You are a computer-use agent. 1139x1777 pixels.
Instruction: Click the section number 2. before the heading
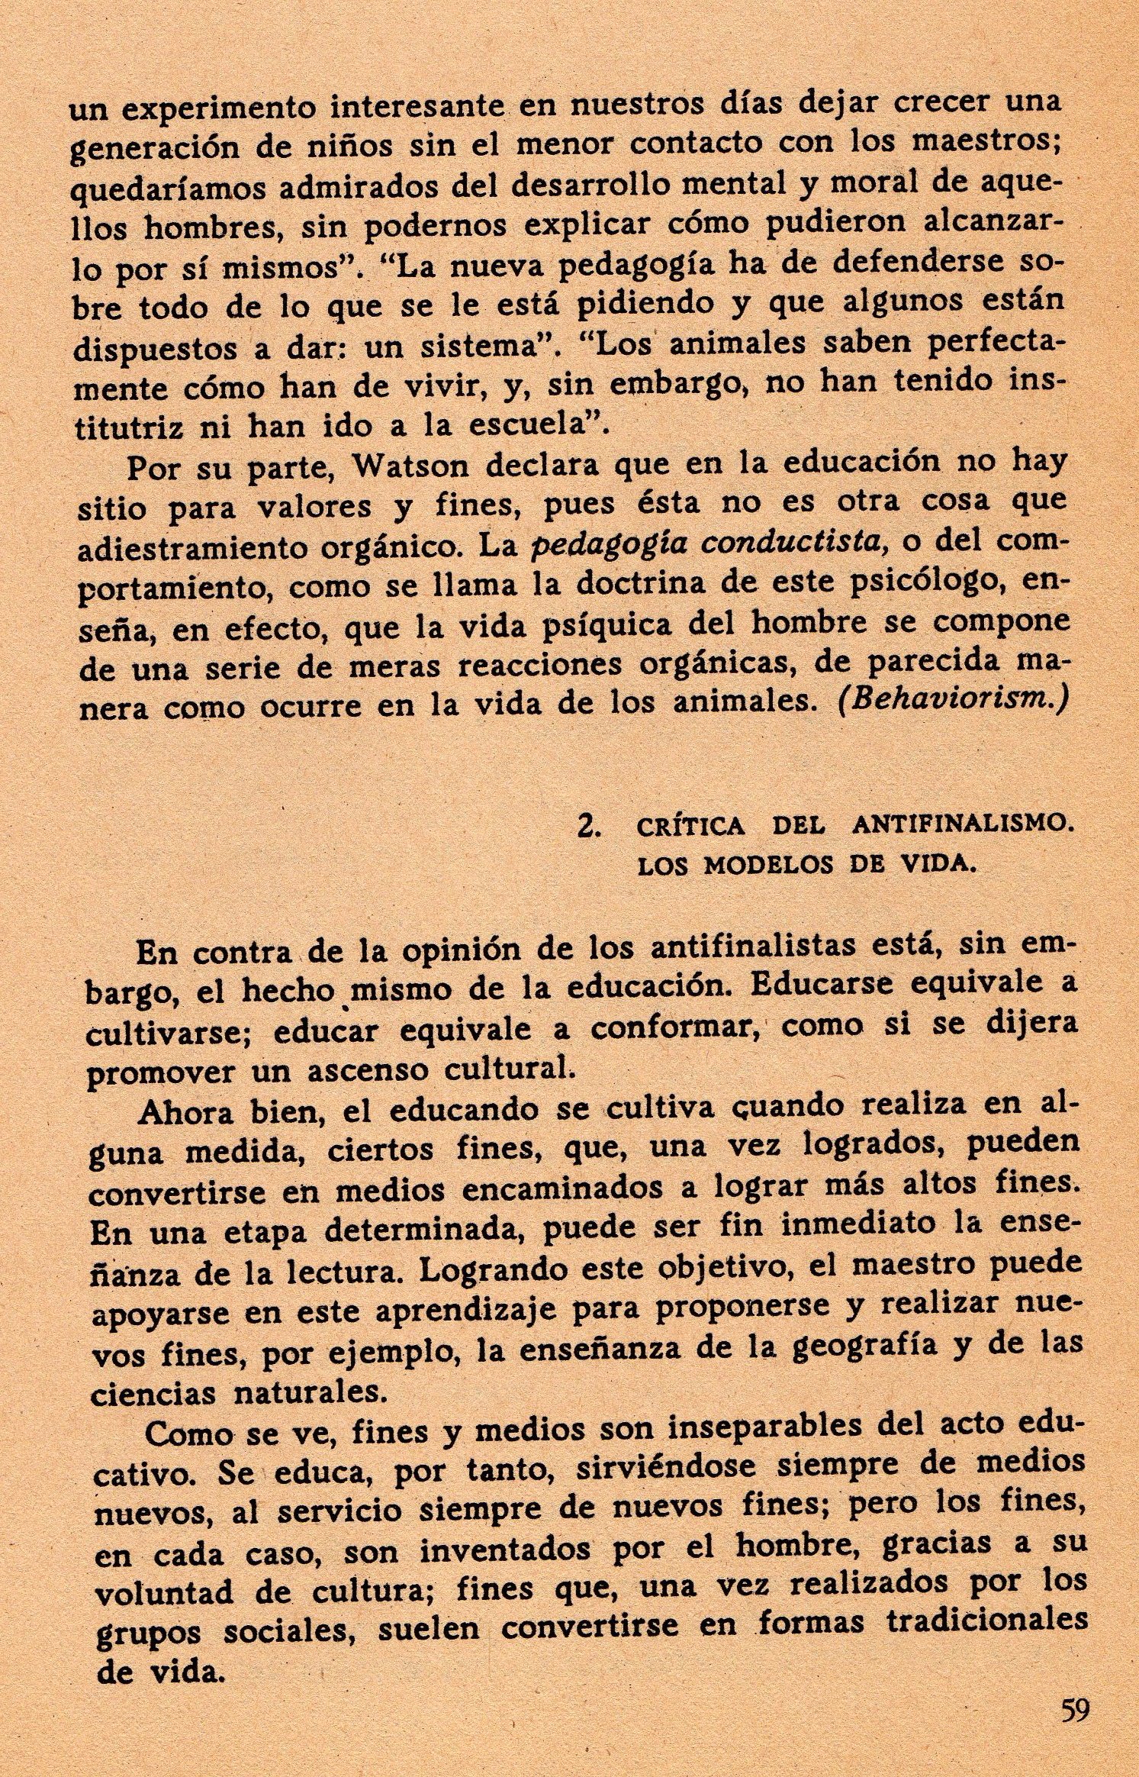[x=587, y=827]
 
